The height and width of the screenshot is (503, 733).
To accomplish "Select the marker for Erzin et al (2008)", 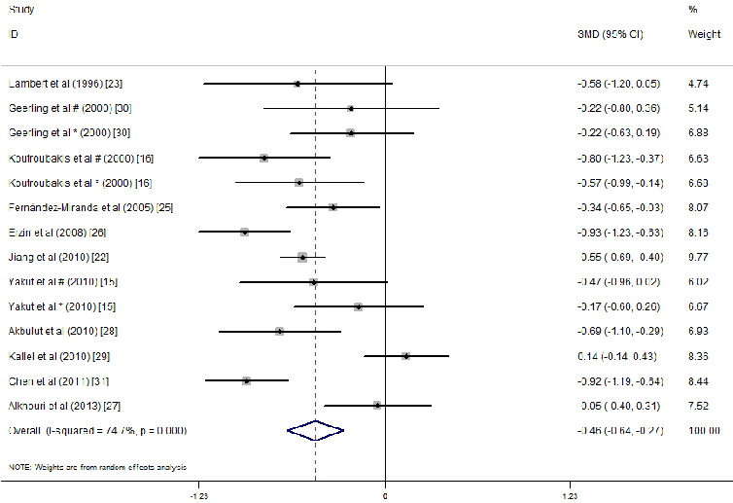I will click(x=245, y=232).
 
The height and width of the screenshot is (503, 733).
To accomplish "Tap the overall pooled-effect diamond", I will click(x=316, y=429).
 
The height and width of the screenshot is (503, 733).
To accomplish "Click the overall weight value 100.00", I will click(x=701, y=430).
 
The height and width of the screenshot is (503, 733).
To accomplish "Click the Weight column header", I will click(x=704, y=34).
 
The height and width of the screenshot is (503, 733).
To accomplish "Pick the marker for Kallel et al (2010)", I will click(x=405, y=356).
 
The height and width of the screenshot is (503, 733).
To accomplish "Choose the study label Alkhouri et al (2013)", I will click(x=64, y=405).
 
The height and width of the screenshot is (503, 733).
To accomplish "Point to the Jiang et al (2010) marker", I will click(x=302, y=257).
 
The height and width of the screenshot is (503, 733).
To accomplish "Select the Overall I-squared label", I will click(x=97, y=430).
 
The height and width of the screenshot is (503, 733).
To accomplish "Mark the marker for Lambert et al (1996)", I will click(x=297, y=84).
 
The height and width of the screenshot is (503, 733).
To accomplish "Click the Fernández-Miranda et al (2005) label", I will click(x=90, y=207).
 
